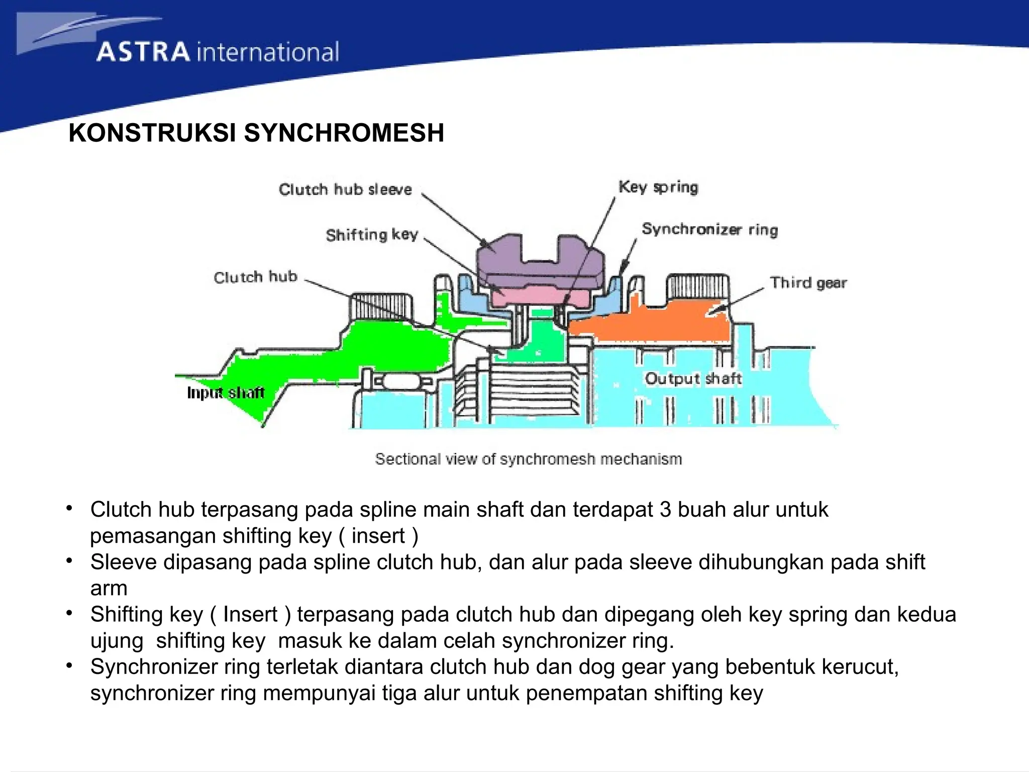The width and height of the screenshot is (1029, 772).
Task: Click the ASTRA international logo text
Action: pos(218,52)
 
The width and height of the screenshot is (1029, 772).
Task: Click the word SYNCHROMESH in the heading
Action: pos(344,133)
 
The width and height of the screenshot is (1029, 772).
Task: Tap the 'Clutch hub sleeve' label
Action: pos(345,189)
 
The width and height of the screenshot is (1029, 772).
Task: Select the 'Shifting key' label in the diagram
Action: pos(372,235)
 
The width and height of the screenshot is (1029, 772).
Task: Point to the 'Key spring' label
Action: pos(658,187)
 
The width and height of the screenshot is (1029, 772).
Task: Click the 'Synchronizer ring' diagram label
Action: pos(709,229)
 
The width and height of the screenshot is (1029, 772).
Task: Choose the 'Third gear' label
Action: pos(808,282)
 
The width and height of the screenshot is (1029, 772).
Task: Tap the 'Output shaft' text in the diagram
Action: pos(693,378)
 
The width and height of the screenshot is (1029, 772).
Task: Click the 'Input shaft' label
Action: pos(226,393)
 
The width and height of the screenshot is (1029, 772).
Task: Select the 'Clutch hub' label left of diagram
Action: pos(255,277)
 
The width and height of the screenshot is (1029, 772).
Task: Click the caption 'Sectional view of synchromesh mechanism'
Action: pos(529,459)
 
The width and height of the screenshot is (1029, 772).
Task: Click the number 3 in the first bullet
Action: pos(665,510)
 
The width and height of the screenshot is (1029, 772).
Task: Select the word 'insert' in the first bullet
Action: pos(378,536)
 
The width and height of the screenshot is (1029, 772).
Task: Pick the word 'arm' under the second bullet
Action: pos(109,588)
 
